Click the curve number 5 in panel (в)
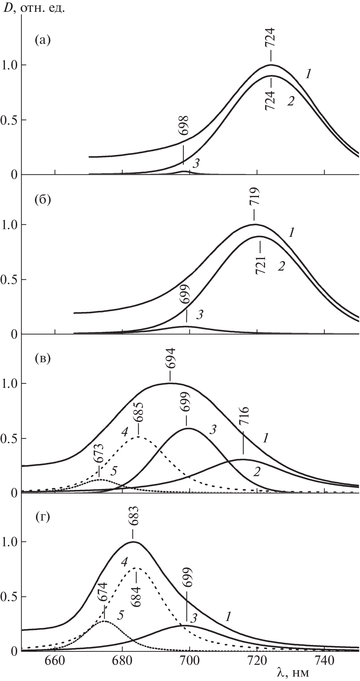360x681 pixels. tap(113, 471)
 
